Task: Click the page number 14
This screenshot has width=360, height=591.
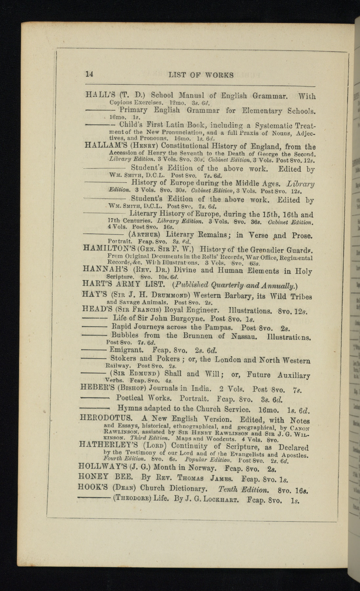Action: click(89, 74)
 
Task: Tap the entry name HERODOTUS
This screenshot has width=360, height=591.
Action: click(106, 418)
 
